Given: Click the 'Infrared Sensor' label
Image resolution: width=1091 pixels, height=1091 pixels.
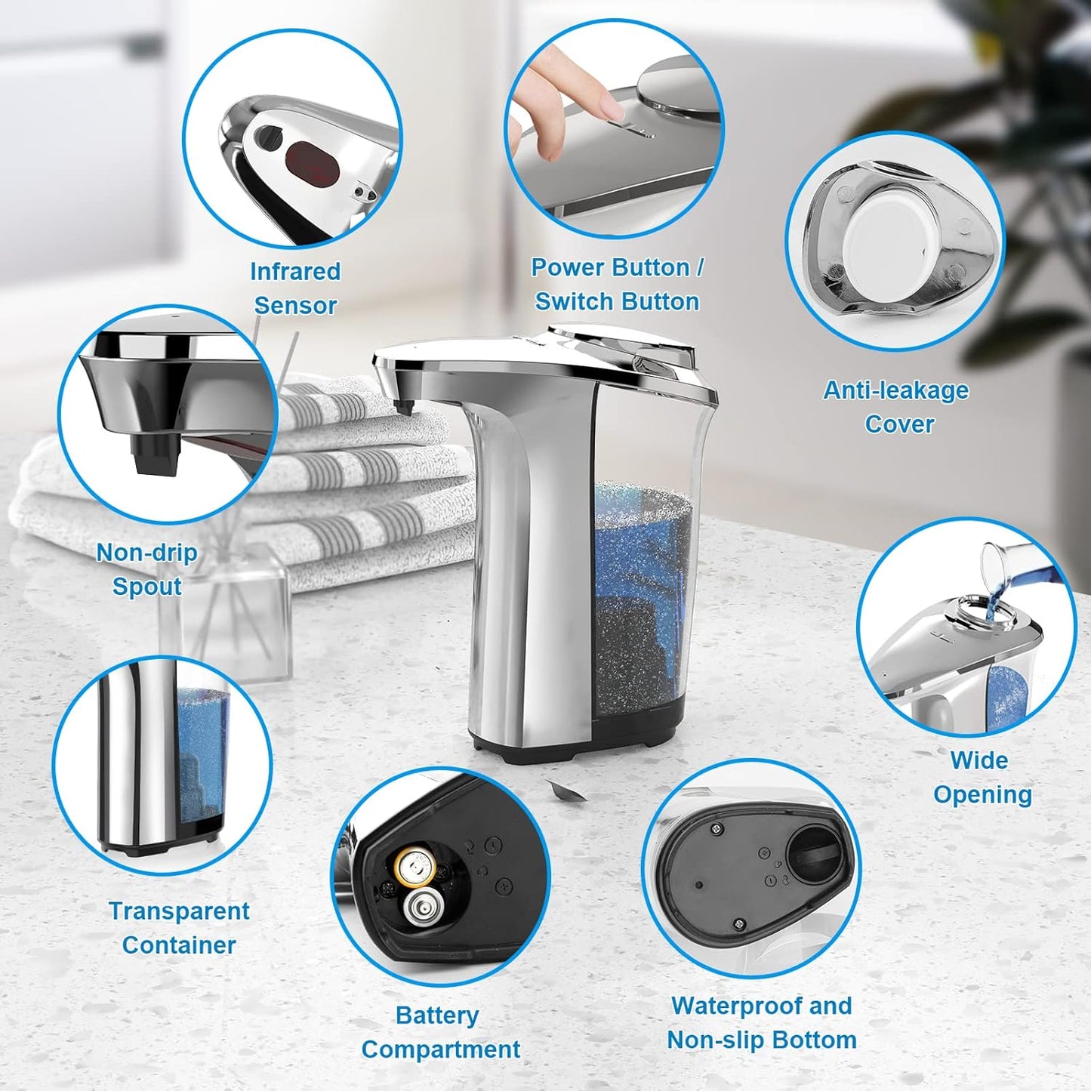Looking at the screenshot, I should pyautogui.click(x=295, y=288).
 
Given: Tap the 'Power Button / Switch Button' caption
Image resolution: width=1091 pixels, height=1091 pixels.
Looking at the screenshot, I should pyautogui.click(x=617, y=285).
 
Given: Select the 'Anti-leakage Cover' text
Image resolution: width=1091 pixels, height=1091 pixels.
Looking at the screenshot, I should pyautogui.click(x=896, y=407).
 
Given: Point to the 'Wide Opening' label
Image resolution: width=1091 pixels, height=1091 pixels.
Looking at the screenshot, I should pyautogui.click(x=982, y=777).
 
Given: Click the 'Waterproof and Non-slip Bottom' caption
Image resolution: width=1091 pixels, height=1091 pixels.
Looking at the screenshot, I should pyautogui.click(x=761, y=1022).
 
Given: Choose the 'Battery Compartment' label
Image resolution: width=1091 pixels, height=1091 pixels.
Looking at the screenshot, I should pyautogui.click(x=440, y=1032).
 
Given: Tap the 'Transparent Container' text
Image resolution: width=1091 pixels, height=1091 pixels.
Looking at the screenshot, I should pyautogui.click(x=179, y=927).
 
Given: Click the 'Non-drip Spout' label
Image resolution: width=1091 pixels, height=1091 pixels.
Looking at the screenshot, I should pyautogui.click(x=147, y=569).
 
